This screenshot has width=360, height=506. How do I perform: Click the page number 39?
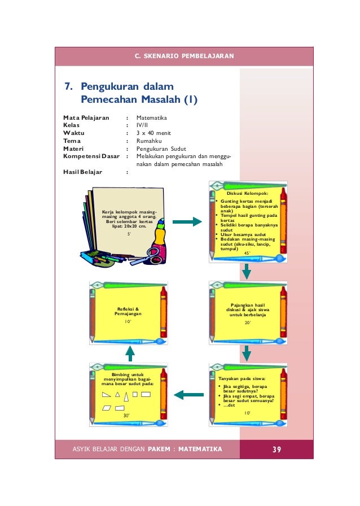click(x=276, y=449)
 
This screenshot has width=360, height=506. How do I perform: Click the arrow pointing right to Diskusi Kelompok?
click(x=187, y=222)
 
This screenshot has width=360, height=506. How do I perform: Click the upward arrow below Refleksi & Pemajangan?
click(x=130, y=354)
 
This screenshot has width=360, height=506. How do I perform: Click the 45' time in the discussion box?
click(x=247, y=254)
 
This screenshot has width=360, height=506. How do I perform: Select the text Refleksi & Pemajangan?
click(x=128, y=311)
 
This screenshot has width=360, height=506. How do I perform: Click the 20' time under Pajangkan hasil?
click(x=247, y=323)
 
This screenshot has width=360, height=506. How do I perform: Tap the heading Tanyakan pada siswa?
click(x=241, y=378)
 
